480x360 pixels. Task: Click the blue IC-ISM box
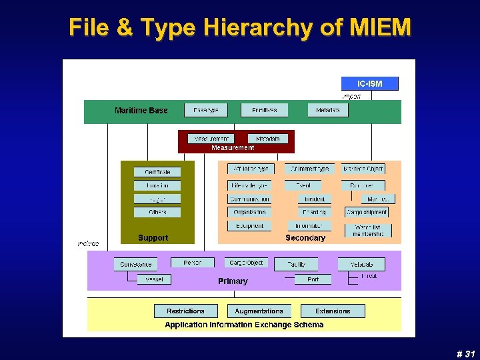click(x=371, y=83)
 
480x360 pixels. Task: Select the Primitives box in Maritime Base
click(x=265, y=110)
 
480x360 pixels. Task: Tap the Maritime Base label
click(x=141, y=110)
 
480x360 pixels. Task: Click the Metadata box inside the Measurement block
click(x=267, y=139)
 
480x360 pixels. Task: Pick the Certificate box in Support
click(x=157, y=172)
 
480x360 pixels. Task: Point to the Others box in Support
click(x=157, y=212)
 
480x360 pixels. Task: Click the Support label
click(x=153, y=237)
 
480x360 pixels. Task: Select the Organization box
click(x=249, y=212)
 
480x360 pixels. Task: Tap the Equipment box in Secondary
click(x=249, y=225)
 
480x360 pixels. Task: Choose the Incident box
click(x=315, y=199)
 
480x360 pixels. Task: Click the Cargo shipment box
click(x=367, y=212)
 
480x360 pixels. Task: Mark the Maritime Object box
click(x=363, y=169)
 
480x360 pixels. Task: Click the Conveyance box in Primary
click(x=136, y=264)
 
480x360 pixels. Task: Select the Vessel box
click(x=154, y=279)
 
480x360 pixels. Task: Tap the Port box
click(x=313, y=279)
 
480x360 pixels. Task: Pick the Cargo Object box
click(x=246, y=263)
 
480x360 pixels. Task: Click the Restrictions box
click(x=186, y=311)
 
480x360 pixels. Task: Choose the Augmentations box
click(x=259, y=311)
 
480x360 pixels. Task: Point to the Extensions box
click(x=333, y=311)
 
